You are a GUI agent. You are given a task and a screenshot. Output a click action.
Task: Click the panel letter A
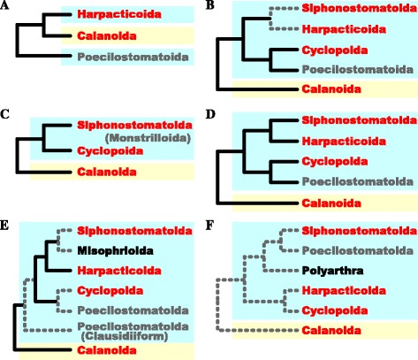[x=7, y=7]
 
